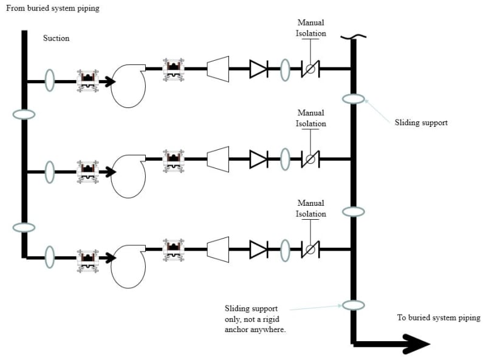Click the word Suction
coord(56,38)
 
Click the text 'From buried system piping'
coord(52,8)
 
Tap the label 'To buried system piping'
coord(438,318)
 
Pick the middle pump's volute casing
coord(128,177)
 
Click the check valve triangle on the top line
coord(258,69)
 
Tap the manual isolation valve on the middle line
coord(310,159)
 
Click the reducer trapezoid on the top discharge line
coord(217,69)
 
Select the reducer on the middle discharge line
coord(217,159)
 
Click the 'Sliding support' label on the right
coord(421,123)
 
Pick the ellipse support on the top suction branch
coord(50,81)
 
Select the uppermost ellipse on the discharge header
coord(353,98)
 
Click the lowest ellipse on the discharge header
coord(353,305)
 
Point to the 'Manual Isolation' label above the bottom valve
coord(311,208)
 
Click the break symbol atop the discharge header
coord(352,39)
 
